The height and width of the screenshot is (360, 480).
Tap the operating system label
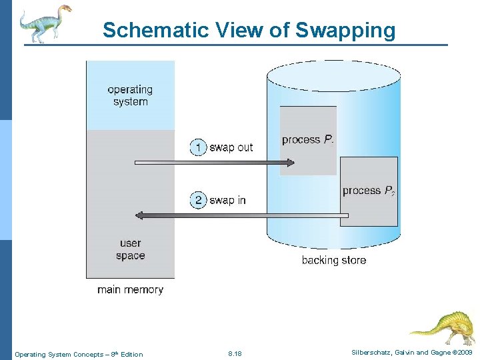point(130,95)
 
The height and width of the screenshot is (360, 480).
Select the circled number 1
point(198,147)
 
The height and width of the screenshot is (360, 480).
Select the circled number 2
point(198,200)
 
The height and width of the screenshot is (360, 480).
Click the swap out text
point(231,147)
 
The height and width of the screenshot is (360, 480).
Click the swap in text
point(227,200)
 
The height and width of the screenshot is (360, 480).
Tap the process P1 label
point(308,139)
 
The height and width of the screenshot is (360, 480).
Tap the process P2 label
point(369,191)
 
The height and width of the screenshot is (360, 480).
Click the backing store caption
point(334,260)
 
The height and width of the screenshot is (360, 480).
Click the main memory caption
point(130,290)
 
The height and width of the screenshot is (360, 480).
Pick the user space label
point(130,249)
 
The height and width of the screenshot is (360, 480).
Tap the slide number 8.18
point(235,354)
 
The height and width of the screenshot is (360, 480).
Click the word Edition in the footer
point(131,354)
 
